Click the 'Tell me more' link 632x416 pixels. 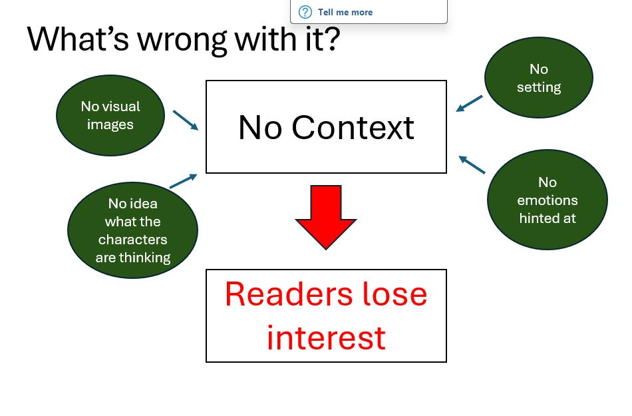[x=345, y=12]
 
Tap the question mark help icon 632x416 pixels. [x=305, y=12]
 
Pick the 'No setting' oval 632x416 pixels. [x=538, y=78]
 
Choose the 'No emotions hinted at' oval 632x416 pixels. [x=548, y=200]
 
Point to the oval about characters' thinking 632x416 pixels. [x=133, y=230]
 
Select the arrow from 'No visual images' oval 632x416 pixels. [x=186, y=120]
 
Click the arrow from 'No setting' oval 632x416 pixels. [x=469, y=103]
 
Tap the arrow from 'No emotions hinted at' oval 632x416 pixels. [x=472, y=164]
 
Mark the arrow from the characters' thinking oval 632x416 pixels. [x=184, y=181]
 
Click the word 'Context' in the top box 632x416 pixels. [x=353, y=127]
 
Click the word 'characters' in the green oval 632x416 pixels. [x=133, y=240]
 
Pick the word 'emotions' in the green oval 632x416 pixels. [x=548, y=200]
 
